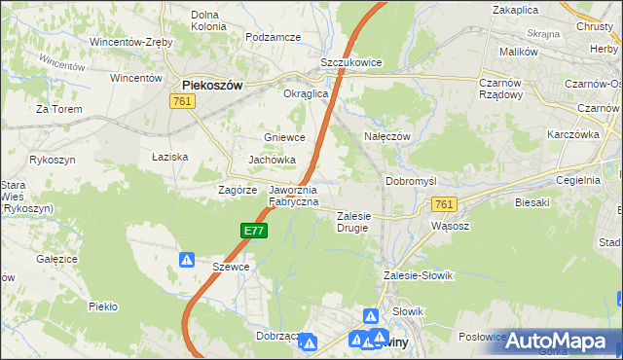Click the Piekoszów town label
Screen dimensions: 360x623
pyautogui.click(x=212, y=86)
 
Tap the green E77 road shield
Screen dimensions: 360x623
pyautogui.click(x=253, y=231)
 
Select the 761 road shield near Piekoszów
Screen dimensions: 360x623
pyautogui.click(x=181, y=101)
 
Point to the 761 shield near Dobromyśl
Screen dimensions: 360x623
pyautogui.click(x=444, y=203)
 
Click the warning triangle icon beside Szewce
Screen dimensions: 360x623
pyautogui.click(x=187, y=260)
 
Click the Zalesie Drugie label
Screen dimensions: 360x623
pyautogui.click(x=355, y=222)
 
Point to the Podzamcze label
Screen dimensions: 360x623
pyautogui.click(x=274, y=37)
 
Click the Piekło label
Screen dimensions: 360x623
pyautogui.click(x=102, y=306)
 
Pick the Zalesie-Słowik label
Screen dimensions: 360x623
pyautogui.click(x=420, y=275)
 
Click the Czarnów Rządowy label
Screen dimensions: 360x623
pyautogui.click(x=501, y=90)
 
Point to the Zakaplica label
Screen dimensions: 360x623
pyautogui.click(x=516, y=9)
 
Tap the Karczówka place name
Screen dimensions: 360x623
pyautogui.click(x=570, y=133)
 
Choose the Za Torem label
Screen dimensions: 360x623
pyautogui.click(x=56, y=109)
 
